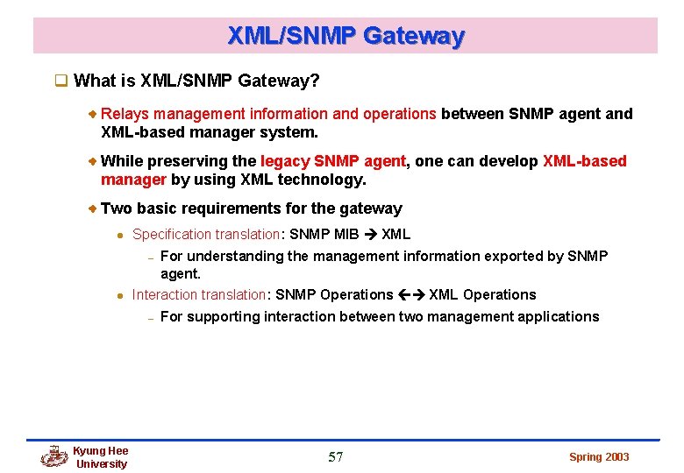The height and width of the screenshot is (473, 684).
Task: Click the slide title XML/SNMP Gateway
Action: pos(346,36)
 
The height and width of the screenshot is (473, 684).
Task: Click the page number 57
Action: pos(336,456)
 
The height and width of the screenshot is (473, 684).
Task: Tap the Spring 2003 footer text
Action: pos(599,456)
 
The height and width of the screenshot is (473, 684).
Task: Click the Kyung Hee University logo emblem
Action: pos(54,456)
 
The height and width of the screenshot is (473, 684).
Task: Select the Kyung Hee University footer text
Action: pos(101,457)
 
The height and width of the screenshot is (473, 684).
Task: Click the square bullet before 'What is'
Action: pos(61,81)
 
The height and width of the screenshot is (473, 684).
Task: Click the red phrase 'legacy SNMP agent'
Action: pos(333,161)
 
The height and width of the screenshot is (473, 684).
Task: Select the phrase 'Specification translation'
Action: pos(205,234)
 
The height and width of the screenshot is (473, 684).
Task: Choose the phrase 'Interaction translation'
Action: pos(198,294)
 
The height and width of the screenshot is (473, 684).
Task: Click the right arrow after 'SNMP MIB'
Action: pos(369,234)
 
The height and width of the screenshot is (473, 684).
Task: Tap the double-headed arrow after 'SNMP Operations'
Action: pos(411,294)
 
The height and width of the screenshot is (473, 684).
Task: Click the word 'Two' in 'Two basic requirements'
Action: pos(116,208)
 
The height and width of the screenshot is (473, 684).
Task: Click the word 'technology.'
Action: pos(322,180)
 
